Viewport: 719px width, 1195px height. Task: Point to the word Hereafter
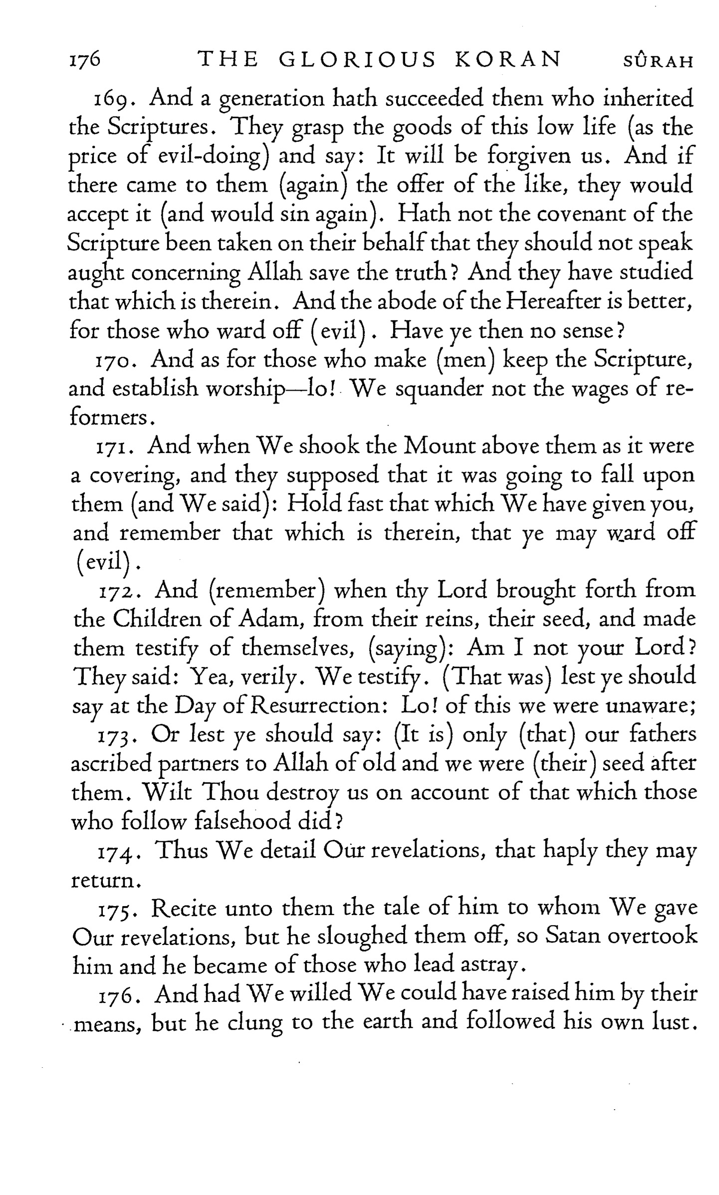coord(555,301)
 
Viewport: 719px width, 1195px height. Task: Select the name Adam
coord(271,620)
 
